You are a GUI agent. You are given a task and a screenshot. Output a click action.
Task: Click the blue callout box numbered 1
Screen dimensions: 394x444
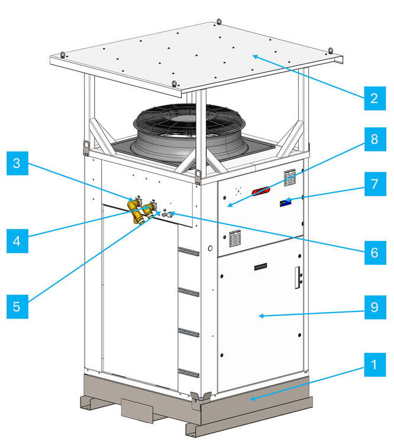click(x=374, y=365)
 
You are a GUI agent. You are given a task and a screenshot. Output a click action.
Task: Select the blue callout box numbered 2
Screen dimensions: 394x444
click(x=374, y=98)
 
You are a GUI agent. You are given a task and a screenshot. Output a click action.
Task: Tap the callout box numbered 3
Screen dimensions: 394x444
click(x=17, y=163)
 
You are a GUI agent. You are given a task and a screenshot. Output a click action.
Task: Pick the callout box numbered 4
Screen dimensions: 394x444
click(x=17, y=241)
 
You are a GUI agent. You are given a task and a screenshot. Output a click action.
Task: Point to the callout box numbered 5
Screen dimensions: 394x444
click(x=17, y=307)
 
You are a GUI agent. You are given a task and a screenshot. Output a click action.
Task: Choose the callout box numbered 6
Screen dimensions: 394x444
click(x=375, y=253)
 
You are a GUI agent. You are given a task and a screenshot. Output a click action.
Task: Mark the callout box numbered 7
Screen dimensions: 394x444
click(x=375, y=184)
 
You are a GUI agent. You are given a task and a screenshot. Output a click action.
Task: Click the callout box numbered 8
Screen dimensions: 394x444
click(x=375, y=139)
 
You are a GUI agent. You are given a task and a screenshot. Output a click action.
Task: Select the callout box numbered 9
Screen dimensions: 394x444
click(x=375, y=307)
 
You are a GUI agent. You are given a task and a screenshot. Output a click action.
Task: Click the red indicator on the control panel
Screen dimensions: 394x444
click(x=260, y=191)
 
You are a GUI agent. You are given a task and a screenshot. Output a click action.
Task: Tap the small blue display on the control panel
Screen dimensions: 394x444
click(x=286, y=202)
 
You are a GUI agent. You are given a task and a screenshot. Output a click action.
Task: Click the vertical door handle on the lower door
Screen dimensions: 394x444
click(x=298, y=278)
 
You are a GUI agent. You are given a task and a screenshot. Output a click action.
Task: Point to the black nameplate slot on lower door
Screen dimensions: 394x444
click(x=260, y=266)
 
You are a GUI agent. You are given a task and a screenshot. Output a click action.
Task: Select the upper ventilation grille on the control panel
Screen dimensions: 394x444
click(x=289, y=178)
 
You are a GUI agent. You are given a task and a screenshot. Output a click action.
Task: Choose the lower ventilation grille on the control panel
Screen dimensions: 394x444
click(x=235, y=239)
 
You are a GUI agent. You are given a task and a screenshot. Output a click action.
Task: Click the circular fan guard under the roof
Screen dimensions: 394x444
click(x=189, y=123)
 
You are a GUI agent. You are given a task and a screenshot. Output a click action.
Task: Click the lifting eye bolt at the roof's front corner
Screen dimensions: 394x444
click(x=175, y=84)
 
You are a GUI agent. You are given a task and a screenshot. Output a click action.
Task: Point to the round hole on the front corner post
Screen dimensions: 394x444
click(x=210, y=248)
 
